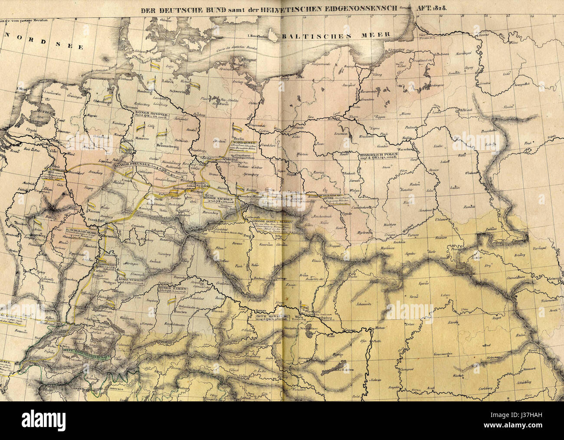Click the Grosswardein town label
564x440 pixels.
click(x=444, y=355)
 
